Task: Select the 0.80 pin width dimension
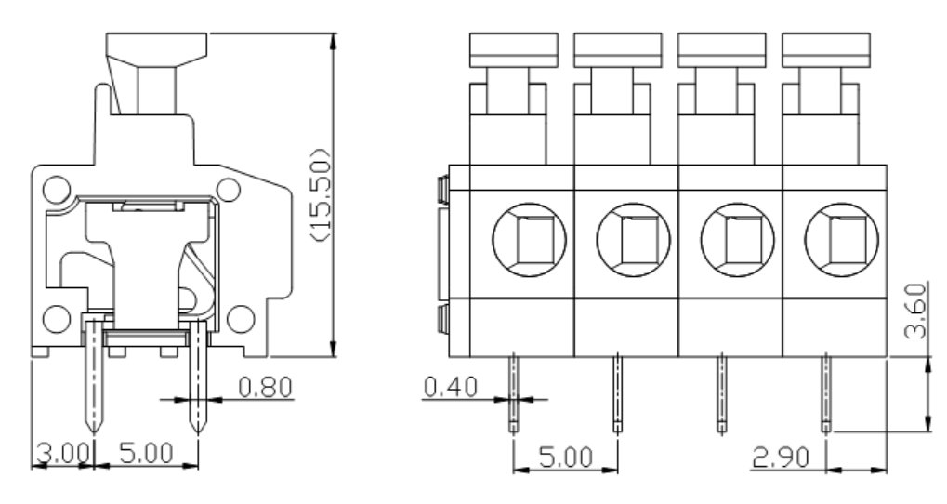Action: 265,385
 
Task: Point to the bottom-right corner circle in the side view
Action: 240,317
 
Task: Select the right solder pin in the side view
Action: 196,380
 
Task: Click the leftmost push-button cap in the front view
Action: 514,50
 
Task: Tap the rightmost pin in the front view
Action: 825,394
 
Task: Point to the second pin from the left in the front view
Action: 617,394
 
